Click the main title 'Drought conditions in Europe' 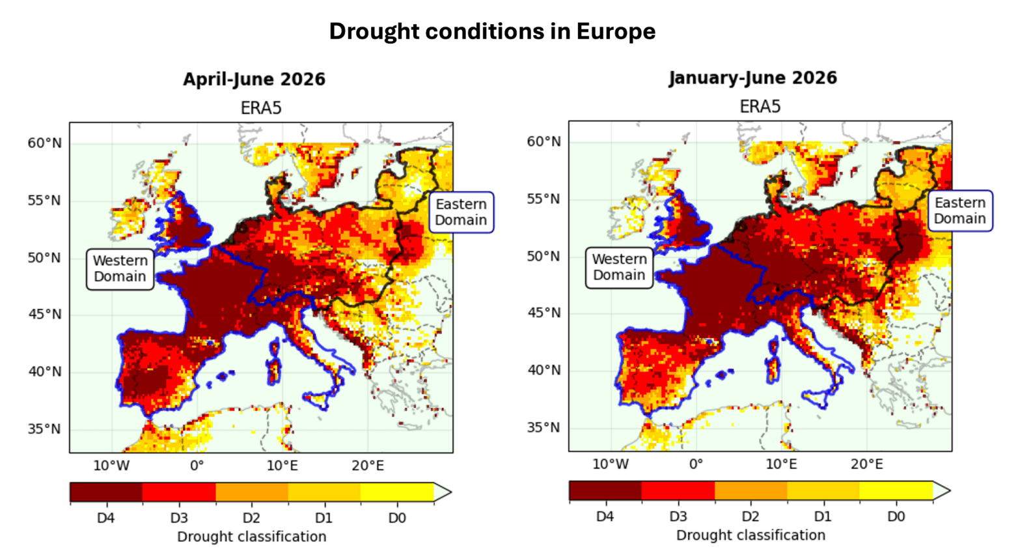[492, 31]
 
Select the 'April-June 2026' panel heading [254, 79]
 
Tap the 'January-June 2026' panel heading [752, 78]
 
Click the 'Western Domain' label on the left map [120, 269]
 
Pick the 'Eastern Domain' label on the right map [960, 210]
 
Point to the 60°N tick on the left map [44, 143]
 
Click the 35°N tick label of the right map [543, 427]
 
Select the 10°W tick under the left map [111, 465]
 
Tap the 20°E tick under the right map [866, 464]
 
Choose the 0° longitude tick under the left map [197, 465]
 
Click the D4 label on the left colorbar [106, 518]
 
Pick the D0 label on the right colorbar [896, 517]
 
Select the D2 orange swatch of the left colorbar [251, 492]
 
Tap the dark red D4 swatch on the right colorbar [605, 491]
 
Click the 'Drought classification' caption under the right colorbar [750, 535]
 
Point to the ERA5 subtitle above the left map [261, 108]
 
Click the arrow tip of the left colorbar [451, 492]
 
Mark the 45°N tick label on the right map [543, 313]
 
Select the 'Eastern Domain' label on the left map [461, 212]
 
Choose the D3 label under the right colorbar [678, 517]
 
